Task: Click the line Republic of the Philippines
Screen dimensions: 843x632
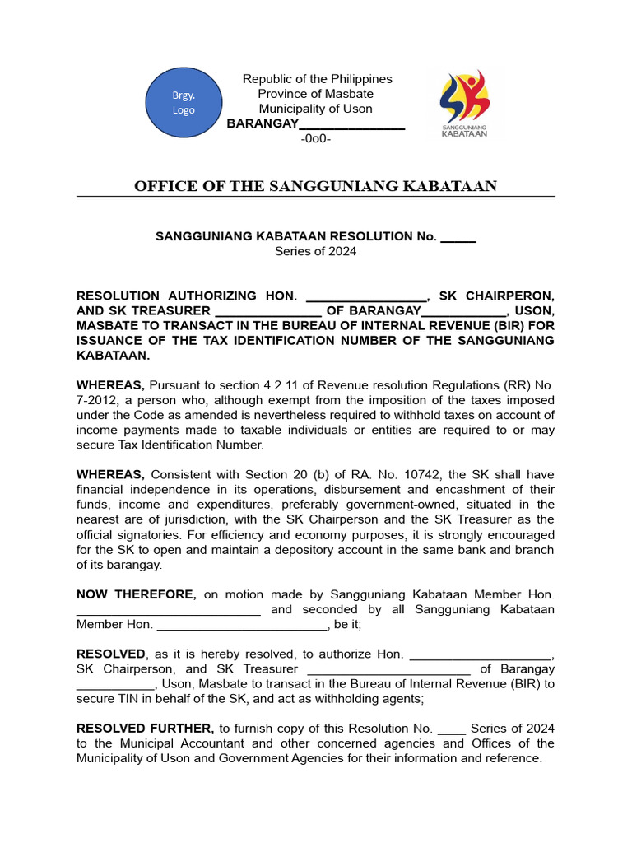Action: click(317, 79)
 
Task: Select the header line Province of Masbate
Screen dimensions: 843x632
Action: click(316, 94)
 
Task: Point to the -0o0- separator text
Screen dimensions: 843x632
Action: click(316, 138)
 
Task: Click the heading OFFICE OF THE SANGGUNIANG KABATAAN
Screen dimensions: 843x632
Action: click(316, 186)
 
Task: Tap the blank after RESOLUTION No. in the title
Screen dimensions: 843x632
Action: click(458, 237)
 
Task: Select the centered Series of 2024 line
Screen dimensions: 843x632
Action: click(316, 252)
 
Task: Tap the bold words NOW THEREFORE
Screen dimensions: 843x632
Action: click(136, 594)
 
